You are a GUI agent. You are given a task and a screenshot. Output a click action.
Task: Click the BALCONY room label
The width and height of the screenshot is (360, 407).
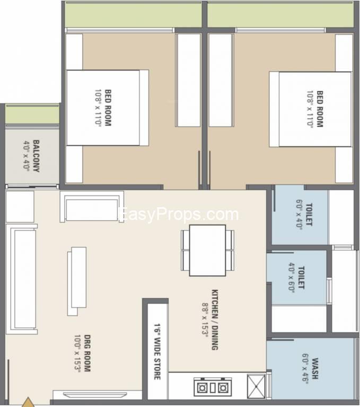click(37, 156)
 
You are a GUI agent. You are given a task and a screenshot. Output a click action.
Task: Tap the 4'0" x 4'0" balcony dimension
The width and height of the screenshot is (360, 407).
click(27, 155)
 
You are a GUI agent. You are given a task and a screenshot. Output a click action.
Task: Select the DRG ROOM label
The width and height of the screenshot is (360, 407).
click(87, 353)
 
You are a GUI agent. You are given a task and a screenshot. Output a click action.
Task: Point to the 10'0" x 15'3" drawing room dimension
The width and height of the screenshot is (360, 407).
click(77, 353)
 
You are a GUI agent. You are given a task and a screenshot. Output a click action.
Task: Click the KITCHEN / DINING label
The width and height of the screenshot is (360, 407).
click(215, 320)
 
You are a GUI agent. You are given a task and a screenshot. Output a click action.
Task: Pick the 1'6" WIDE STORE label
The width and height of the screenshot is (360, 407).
click(157, 352)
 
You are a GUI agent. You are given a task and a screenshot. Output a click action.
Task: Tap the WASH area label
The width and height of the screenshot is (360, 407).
click(315, 369)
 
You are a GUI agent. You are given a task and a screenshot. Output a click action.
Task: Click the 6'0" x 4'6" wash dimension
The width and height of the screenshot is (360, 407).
click(305, 367)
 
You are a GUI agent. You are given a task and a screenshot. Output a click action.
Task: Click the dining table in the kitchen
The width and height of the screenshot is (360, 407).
click(207, 250)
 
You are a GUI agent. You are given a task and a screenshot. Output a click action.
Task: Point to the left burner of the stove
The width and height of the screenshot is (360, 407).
click(202, 388)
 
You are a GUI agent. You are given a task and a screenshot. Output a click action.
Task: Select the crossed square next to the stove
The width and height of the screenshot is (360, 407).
click(256, 386)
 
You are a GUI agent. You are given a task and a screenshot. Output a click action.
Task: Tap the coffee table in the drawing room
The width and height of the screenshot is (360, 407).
click(77, 281)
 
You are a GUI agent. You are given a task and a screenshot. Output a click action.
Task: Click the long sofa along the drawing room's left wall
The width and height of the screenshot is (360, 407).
click(22, 279)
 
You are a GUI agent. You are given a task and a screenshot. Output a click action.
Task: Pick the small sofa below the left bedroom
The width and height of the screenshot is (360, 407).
click(92, 207)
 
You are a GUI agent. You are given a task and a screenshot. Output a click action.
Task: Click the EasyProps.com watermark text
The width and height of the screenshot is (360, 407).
click(180, 215)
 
